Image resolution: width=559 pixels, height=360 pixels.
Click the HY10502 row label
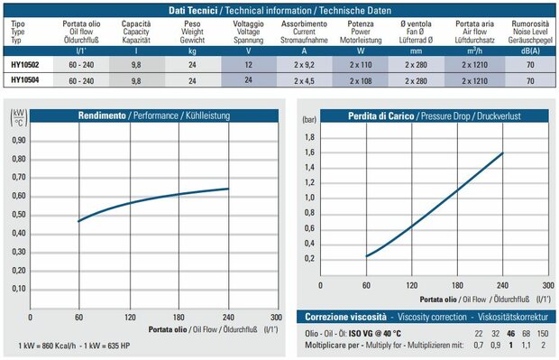(24, 65)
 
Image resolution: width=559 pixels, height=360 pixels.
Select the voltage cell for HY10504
(249, 80)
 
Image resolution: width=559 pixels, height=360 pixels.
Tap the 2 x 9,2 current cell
(304, 65)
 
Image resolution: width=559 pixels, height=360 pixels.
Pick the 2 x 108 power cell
(361, 81)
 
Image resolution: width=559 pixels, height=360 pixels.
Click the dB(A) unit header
(530, 51)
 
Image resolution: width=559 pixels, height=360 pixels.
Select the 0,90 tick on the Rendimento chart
(19, 140)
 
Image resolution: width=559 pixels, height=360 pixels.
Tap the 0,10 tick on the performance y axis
(19, 289)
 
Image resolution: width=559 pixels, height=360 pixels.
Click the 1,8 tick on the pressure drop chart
(309, 137)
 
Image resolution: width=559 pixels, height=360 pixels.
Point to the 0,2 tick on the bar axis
(309, 259)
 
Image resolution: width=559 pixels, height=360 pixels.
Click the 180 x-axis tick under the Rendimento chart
(179, 318)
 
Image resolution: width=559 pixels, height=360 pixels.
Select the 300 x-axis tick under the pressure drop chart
(548, 285)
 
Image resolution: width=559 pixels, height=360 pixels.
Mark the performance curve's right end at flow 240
(228, 189)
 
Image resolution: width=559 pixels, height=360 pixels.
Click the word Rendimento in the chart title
(102, 115)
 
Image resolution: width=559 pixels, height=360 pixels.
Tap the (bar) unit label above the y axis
(309, 119)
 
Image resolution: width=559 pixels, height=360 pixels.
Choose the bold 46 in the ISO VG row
(510, 334)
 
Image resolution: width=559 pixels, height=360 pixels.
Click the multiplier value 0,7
(479, 345)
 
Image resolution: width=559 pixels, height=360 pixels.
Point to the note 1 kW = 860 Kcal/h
(47, 346)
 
